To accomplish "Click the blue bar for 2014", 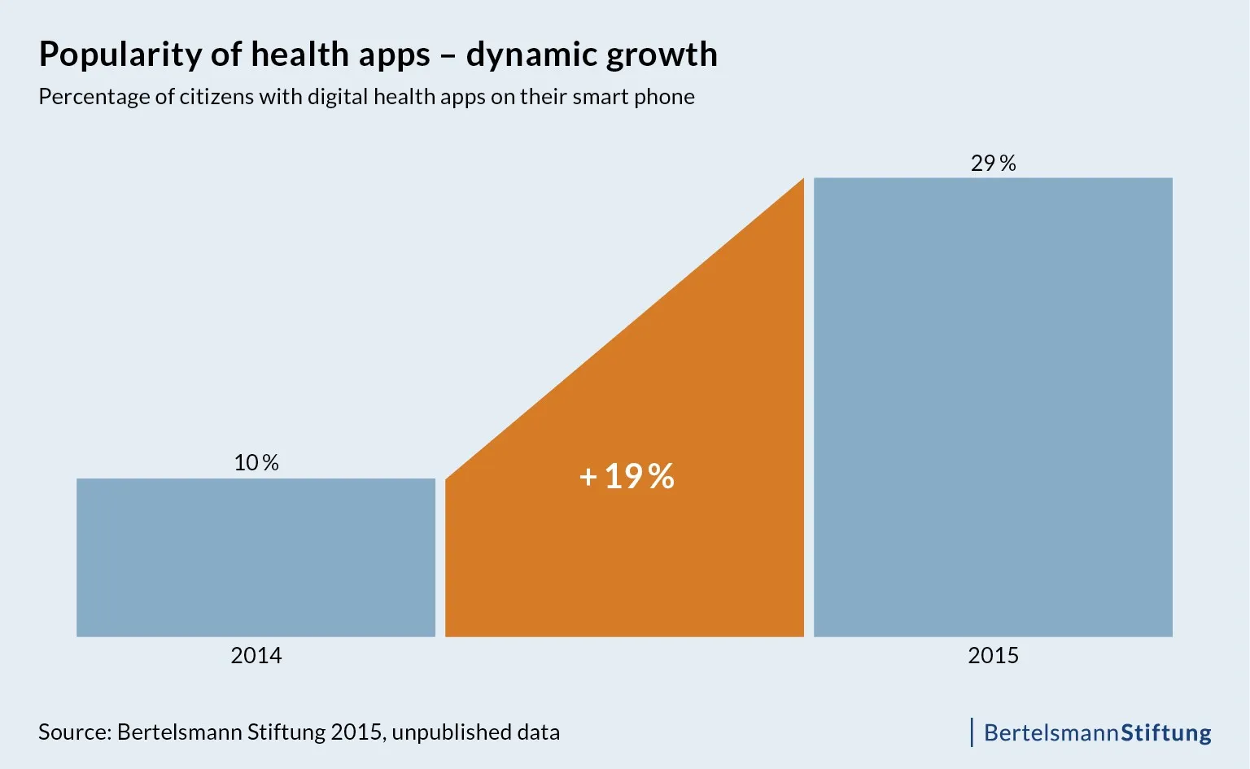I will click(x=256, y=557).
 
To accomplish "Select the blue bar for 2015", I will click(x=993, y=407).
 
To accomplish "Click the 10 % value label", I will click(x=256, y=463).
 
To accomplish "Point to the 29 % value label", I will click(x=993, y=164).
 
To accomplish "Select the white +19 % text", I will click(x=627, y=477).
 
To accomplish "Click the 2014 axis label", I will click(x=256, y=656).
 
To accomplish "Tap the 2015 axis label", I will click(x=993, y=656).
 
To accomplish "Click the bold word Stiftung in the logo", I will click(x=1166, y=733).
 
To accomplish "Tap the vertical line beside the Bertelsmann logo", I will click(x=972, y=732).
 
